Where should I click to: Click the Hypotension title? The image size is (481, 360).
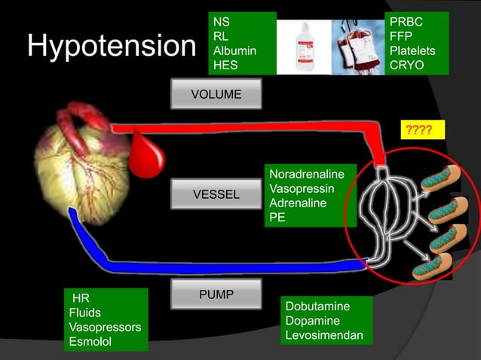[x=111, y=47]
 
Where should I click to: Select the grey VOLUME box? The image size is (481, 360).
[x=216, y=95]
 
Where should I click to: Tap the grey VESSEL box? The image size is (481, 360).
[x=216, y=195]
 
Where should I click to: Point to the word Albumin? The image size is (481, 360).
[x=234, y=50]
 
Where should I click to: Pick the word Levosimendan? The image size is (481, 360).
[x=324, y=335]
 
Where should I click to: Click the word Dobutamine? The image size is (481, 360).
[x=317, y=307]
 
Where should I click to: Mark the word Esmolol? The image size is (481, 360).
[x=90, y=342]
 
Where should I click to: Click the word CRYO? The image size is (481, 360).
[x=406, y=65]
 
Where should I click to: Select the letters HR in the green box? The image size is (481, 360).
[x=81, y=298]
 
